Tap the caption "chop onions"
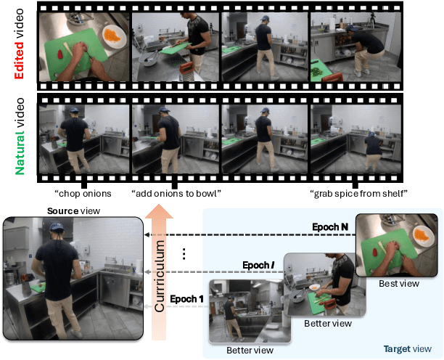click(83, 194)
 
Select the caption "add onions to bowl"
click(176, 194)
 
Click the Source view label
click(73, 210)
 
